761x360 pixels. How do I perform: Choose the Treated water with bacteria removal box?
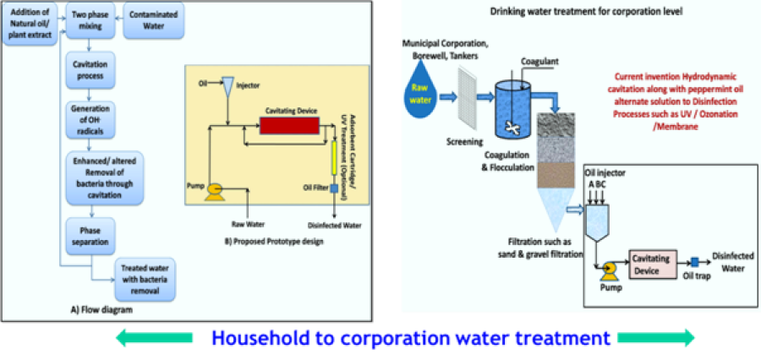145,281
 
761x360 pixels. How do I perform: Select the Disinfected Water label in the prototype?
336,226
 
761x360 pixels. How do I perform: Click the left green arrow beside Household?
156,339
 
